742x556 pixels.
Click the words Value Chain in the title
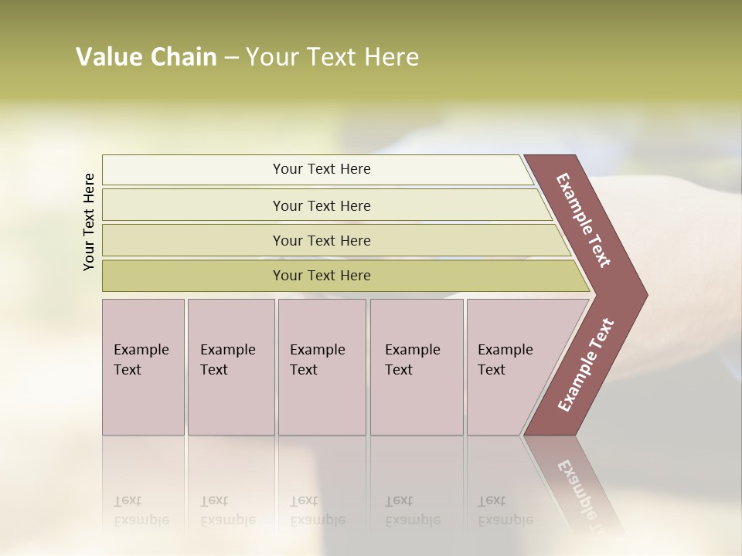(146, 57)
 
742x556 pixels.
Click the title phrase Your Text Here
(332, 57)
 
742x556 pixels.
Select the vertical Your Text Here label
(89, 222)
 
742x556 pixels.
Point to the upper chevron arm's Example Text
(584, 220)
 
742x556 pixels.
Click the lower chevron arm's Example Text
(585, 365)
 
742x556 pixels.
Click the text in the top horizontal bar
(322, 169)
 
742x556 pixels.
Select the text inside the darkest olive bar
(322, 276)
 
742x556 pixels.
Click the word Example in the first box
(141, 350)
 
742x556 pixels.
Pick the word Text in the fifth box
(491, 370)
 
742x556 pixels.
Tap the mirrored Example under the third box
(317, 520)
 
